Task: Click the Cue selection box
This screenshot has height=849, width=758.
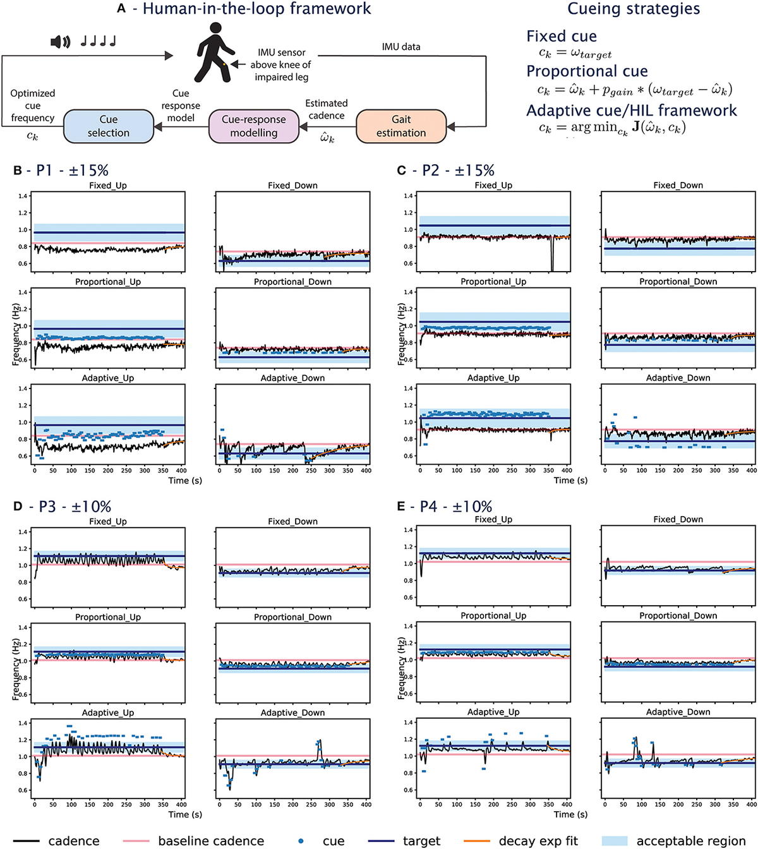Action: (x=108, y=126)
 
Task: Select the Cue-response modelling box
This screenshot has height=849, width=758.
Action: (x=253, y=126)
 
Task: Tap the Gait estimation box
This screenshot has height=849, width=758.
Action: (x=401, y=126)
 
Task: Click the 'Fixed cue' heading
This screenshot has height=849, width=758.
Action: (x=561, y=36)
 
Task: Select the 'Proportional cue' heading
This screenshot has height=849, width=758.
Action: (x=587, y=71)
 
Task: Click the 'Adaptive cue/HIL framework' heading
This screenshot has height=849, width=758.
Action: (x=631, y=111)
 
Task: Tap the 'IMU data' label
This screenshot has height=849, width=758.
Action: (x=400, y=47)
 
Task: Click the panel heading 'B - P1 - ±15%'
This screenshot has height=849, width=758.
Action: (x=61, y=171)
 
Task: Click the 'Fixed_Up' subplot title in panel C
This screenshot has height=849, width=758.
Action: (x=493, y=185)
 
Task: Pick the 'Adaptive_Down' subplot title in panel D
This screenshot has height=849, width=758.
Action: (x=292, y=713)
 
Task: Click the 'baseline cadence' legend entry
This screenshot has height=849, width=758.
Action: (x=210, y=841)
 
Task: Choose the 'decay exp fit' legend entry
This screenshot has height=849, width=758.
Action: (x=538, y=841)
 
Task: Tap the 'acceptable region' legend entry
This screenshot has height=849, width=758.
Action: (x=691, y=841)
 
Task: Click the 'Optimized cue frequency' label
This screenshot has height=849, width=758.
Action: (x=33, y=105)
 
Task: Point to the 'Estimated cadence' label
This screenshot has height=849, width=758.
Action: (x=326, y=109)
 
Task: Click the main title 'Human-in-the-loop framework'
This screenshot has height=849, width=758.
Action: (x=256, y=9)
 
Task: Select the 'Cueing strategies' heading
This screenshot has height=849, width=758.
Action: (x=633, y=9)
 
